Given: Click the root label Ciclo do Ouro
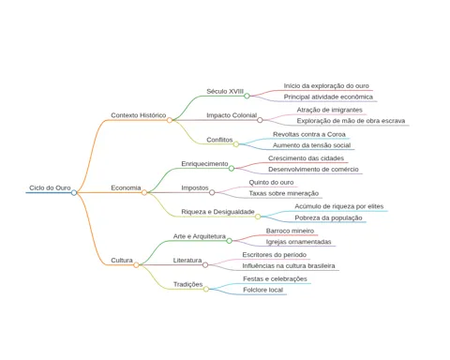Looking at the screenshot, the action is pyautogui.click(x=50, y=187).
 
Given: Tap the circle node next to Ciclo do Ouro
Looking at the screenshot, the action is pyautogui.click(x=74, y=192).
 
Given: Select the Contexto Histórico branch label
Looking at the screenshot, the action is pyautogui.click(x=139, y=115).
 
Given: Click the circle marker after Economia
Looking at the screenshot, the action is pyautogui.click(x=144, y=192).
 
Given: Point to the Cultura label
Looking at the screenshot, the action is pyautogui.click(x=122, y=261).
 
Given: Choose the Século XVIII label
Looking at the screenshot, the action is pyautogui.click(x=225, y=91).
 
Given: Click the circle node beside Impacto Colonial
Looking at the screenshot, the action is pyautogui.click(x=260, y=120).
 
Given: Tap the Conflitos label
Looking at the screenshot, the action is pyautogui.click(x=219, y=140).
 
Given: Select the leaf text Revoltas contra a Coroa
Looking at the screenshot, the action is pyautogui.click(x=309, y=134).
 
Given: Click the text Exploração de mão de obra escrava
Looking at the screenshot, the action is pyautogui.click(x=351, y=121).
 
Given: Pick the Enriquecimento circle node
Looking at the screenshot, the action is pyautogui.click(x=232, y=169).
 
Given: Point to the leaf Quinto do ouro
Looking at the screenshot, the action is pyautogui.click(x=271, y=182).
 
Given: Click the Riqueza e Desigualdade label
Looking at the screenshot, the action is pyautogui.click(x=217, y=212).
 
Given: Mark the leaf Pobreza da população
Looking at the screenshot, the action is pyautogui.click(x=328, y=217).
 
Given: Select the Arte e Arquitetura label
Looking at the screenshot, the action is pyautogui.click(x=200, y=236).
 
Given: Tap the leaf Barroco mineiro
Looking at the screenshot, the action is pyautogui.click(x=290, y=231).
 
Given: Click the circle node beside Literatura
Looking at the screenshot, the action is pyautogui.click(x=205, y=265).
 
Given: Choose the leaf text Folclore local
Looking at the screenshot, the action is pyautogui.click(x=263, y=290).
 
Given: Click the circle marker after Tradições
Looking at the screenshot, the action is pyautogui.click(x=206, y=289).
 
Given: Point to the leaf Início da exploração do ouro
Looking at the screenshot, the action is pyautogui.click(x=326, y=86).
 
